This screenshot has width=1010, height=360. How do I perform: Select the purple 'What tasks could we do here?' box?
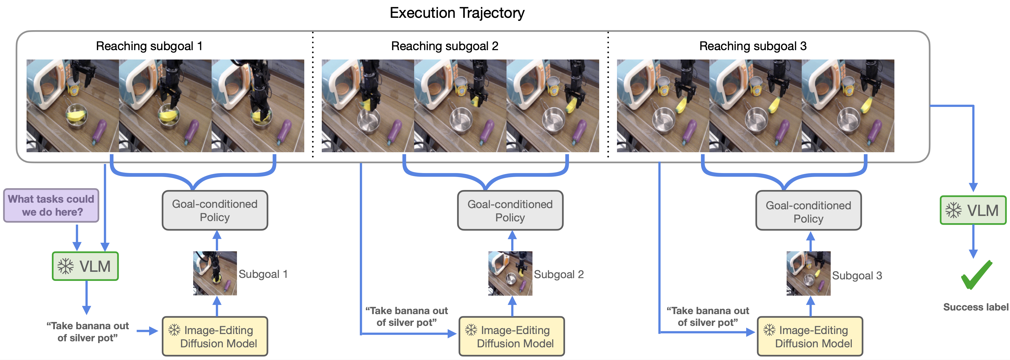(x=51, y=205)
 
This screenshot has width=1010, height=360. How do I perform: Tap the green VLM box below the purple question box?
(x=85, y=266)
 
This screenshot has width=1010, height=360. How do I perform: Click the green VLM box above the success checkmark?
(x=973, y=210)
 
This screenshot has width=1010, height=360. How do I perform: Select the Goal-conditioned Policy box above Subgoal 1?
(x=215, y=211)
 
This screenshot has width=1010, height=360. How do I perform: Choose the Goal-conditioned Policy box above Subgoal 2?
(x=510, y=211)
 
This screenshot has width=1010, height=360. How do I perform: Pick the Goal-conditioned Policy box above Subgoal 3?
(x=808, y=211)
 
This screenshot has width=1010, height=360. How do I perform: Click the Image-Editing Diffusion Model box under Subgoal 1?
(x=215, y=336)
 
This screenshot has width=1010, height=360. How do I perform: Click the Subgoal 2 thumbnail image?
(x=510, y=273)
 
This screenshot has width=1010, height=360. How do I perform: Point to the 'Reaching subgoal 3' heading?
(x=753, y=46)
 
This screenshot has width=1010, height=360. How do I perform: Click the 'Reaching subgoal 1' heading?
(x=149, y=46)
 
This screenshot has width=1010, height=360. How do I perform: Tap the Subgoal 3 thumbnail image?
(x=808, y=273)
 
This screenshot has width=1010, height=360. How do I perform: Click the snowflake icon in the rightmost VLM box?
(x=953, y=210)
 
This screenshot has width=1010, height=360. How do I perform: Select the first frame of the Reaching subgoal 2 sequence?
(x=368, y=106)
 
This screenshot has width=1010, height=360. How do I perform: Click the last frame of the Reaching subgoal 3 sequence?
(x=848, y=106)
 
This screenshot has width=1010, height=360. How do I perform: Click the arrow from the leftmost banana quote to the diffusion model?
(x=147, y=331)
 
